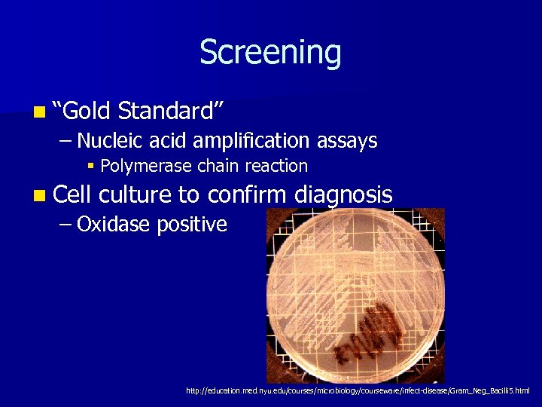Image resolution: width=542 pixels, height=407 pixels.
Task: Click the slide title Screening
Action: click(270, 53)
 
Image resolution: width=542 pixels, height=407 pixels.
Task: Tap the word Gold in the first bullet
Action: click(88, 112)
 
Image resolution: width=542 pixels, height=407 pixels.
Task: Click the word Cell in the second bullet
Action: click(72, 194)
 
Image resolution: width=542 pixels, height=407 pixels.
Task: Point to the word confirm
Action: click(247, 194)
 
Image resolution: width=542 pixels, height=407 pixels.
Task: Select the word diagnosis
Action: click(343, 195)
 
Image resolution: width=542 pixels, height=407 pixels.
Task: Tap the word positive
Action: click(192, 225)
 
